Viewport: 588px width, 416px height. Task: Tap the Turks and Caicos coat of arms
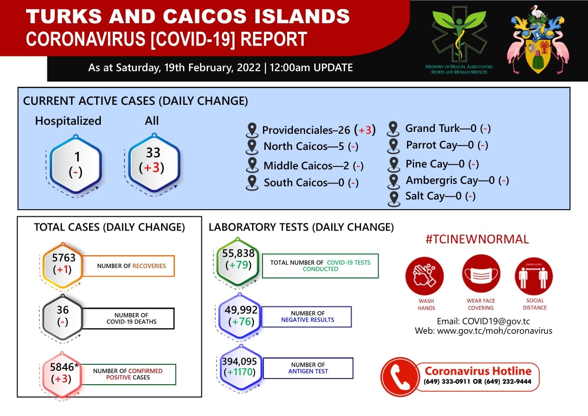click(x=538, y=39)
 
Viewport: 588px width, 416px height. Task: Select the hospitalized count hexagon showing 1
click(x=76, y=164)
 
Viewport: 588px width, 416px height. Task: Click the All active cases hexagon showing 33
click(x=154, y=162)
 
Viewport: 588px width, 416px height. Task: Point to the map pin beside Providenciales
click(x=252, y=130)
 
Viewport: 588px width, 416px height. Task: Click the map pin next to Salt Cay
click(x=394, y=199)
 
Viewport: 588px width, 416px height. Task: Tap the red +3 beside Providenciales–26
click(x=365, y=130)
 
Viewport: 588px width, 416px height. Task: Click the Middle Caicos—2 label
click(x=307, y=166)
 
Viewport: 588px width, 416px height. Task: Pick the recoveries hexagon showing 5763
click(x=63, y=266)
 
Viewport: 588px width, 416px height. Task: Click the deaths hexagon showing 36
click(x=63, y=317)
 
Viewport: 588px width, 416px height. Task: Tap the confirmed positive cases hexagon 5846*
click(x=62, y=374)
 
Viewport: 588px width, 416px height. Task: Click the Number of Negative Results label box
click(x=307, y=317)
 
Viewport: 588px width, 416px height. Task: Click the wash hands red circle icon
click(x=425, y=276)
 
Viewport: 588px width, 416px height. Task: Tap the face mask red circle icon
click(x=481, y=274)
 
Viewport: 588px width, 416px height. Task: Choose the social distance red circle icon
click(x=534, y=276)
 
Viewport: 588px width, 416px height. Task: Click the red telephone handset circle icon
click(x=399, y=377)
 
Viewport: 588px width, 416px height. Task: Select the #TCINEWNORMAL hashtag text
click(x=477, y=239)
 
